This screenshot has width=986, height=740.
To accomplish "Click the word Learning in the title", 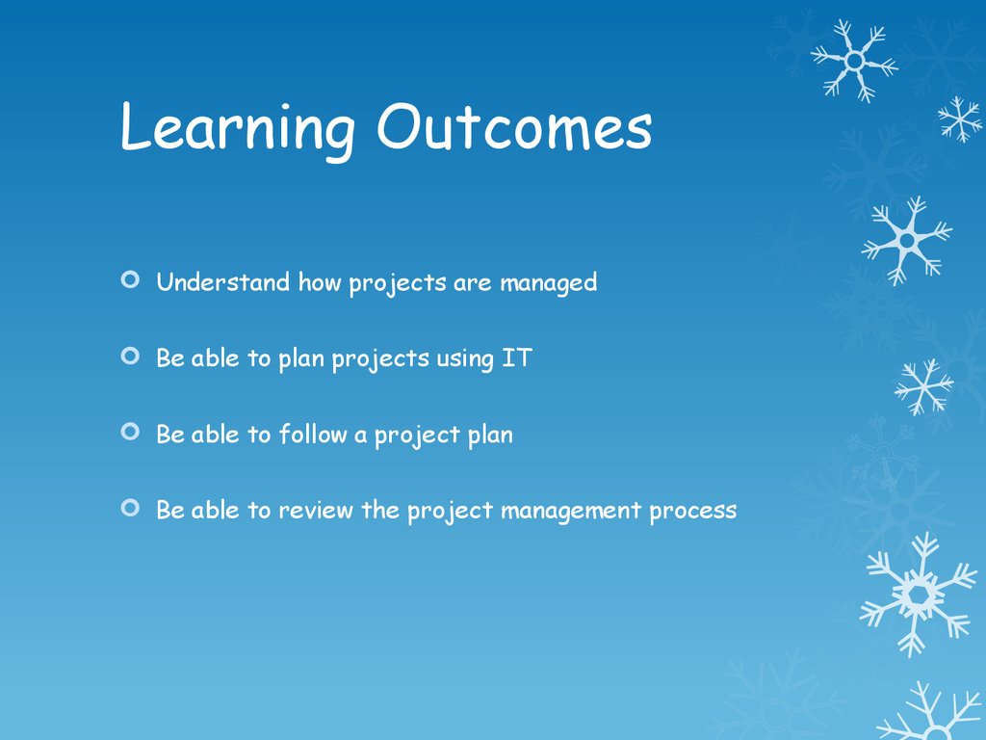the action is coord(237,130).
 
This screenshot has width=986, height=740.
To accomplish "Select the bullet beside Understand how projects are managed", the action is coord(130,279).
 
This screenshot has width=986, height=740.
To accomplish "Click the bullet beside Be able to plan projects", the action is coord(130,357).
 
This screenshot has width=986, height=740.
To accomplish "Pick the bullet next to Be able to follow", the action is coord(130,432).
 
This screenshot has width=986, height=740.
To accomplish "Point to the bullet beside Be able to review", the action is coord(130,507).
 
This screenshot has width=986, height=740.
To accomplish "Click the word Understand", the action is coord(223,281).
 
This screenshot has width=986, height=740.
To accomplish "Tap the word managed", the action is coord(548,283).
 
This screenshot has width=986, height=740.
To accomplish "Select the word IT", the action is coord(517,358).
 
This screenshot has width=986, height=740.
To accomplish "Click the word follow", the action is coord(313,434).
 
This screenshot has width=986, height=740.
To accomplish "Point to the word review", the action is coord(316,511).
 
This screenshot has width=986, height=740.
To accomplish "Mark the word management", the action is coord(571,512).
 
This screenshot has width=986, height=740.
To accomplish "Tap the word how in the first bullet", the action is coord(320,282).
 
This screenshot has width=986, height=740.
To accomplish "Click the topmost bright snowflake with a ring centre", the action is coord(855,61).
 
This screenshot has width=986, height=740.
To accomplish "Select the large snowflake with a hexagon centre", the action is coord(918,594).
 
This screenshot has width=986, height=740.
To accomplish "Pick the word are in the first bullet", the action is coord(472,284).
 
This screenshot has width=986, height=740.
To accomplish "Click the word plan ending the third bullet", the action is coord(490,436).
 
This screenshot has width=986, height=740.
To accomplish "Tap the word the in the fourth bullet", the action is coord(380,509).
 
